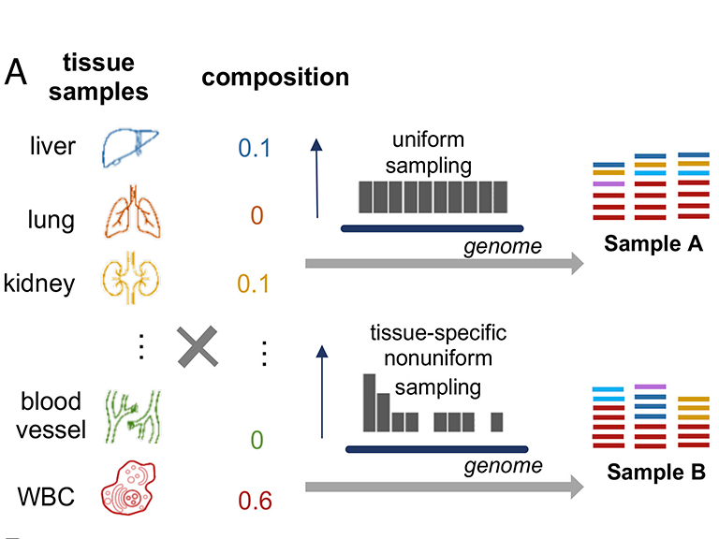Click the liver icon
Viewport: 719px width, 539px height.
pyautogui.click(x=132, y=148)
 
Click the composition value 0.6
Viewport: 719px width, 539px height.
pyautogui.click(x=255, y=501)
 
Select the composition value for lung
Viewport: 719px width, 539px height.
pyautogui.click(x=255, y=215)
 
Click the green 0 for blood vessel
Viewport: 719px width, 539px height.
pyautogui.click(x=255, y=439)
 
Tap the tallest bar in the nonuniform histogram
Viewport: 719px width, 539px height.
pyautogui.click(x=370, y=402)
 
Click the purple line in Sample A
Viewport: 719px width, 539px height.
pyautogui.click(x=609, y=184)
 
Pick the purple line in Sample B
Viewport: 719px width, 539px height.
pyautogui.click(x=650, y=386)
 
